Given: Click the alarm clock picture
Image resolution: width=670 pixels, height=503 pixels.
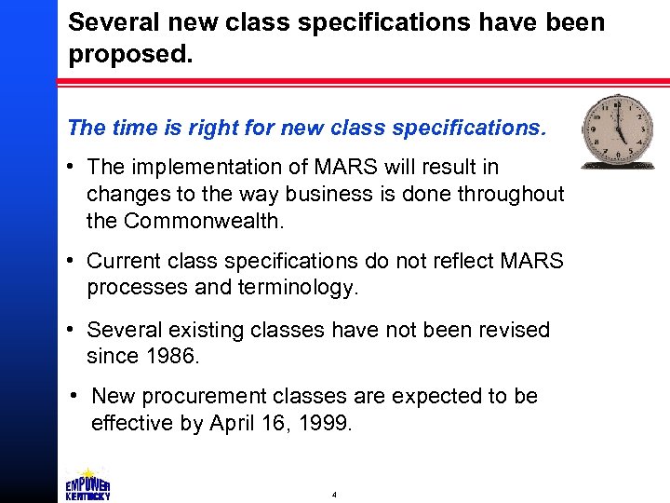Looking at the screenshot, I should coord(617,130).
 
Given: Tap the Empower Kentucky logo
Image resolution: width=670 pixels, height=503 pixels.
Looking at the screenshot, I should coord(87,484).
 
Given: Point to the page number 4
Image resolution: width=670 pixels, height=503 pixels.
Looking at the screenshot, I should coord(334,495).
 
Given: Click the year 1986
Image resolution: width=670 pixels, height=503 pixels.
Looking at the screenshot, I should coord(169,357).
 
